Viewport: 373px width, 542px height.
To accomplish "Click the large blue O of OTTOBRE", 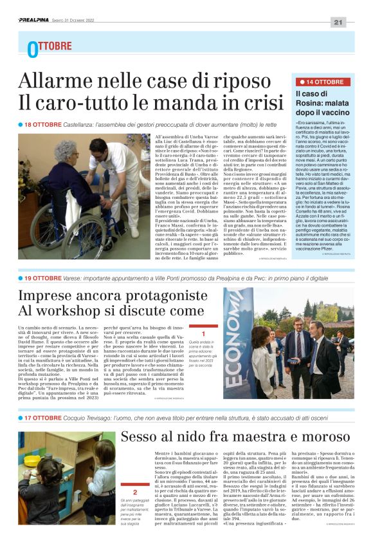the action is tap(32, 50).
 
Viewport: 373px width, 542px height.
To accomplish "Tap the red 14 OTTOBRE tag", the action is tap(322, 82).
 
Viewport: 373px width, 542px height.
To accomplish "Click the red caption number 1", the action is tap(203, 334).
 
